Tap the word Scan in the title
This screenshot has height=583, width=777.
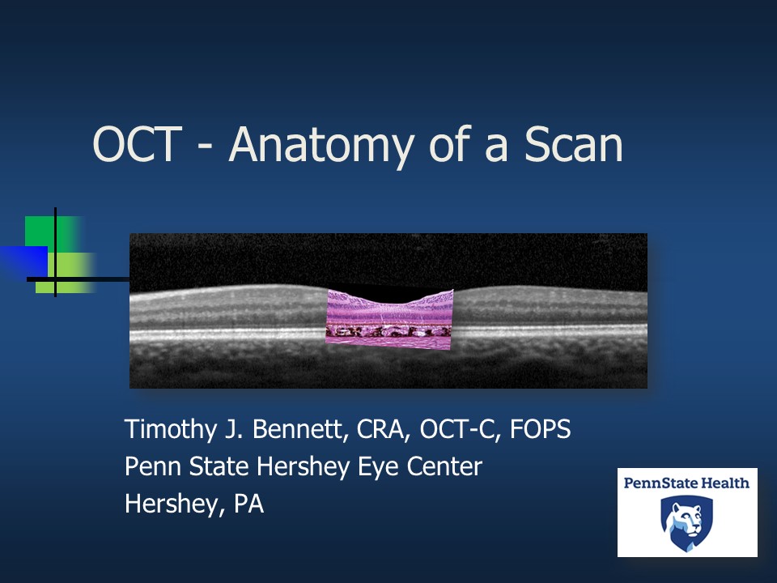coord(573,145)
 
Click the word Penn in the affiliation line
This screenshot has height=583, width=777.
coord(148,466)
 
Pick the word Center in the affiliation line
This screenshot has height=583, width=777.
coord(440,466)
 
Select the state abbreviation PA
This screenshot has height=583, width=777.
coord(248,504)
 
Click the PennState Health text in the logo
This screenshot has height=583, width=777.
coord(686,483)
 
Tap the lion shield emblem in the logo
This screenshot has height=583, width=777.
coord(686,522)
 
